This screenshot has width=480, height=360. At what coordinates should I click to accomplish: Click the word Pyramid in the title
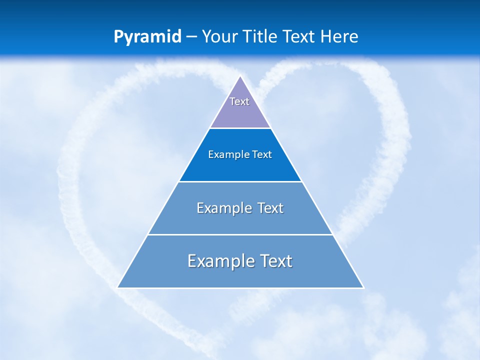tap(147, 37)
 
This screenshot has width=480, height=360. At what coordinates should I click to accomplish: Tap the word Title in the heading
tap(260, 36)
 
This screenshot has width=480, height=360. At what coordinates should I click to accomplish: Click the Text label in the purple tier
tap(239, 101)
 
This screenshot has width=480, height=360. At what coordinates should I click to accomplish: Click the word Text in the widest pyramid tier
tap(274, 261)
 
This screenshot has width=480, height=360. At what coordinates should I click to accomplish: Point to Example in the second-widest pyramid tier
tap(224, 208)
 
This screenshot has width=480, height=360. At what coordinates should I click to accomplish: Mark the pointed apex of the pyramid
tap(240, 76)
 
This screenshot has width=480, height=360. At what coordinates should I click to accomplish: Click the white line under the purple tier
tap(240, 128)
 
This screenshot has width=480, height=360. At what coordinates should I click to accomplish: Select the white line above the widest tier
tap(240, 234)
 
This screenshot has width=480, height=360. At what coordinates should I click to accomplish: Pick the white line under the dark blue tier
tap(240, 181)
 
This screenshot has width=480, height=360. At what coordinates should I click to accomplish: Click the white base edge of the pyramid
tap(240, 288)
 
